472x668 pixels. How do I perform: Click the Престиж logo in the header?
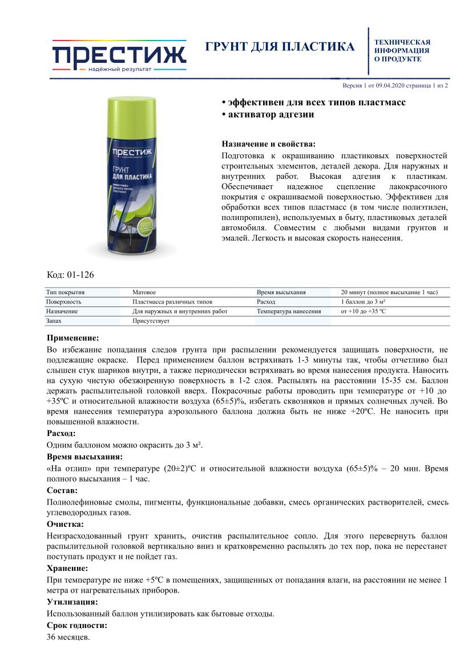pyautogui.click(x=119, y=56)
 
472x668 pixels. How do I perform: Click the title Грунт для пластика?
pyautogui.click(x=280, y=47)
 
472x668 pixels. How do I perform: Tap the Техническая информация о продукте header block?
pyautogui.click(x=402, y=50)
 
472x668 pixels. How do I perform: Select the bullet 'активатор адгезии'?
pyautogui.click(x=268, y=114)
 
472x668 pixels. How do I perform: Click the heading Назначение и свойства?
pyautogui.click(x=268, y=144)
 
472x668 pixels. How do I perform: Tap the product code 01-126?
pyautogui.click(x=70, y=275)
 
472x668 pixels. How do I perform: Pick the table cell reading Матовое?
pyautogui.click(x=144, y=292)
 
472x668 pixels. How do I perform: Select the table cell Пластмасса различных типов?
pyautogui.click(x=172, y=302)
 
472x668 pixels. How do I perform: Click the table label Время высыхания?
pyautogui.click(x=281, y=292)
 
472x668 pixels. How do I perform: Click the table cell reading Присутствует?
pyautogui.click(x=151, y=321)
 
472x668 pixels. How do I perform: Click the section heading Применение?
pyautogui.click(x=72, y=338)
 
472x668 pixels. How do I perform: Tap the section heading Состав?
pyautogui.click(x=62, y=490)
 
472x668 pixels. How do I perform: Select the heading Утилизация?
pyautogui.click(x=72, y=602)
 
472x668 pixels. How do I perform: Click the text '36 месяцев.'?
pyautogui.click(x=68, y=637)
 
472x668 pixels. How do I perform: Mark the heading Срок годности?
pyautogui.click(x=76, y=625)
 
